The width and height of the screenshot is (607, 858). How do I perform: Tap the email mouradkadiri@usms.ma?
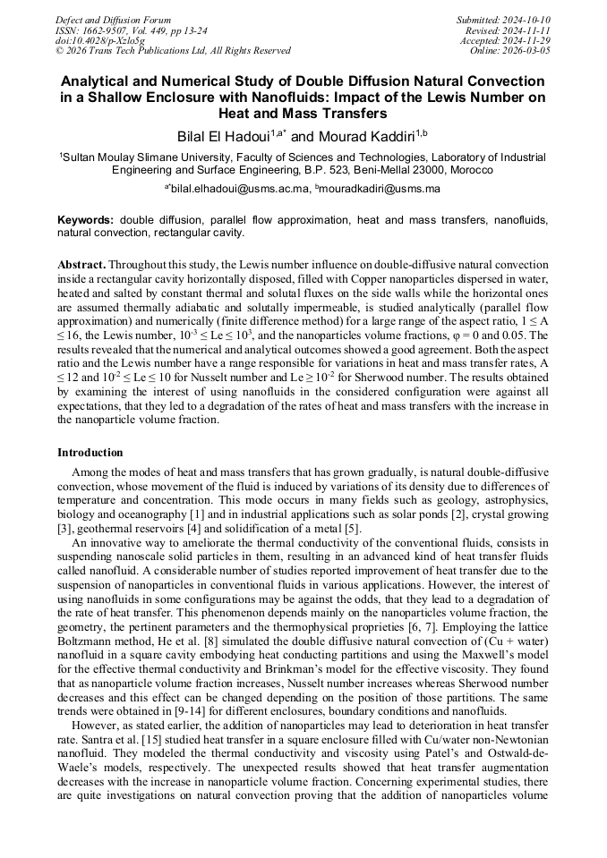[380, 189]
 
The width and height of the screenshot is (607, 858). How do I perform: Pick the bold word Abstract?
[81, 266]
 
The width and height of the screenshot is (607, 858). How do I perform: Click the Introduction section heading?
[90, 453]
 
